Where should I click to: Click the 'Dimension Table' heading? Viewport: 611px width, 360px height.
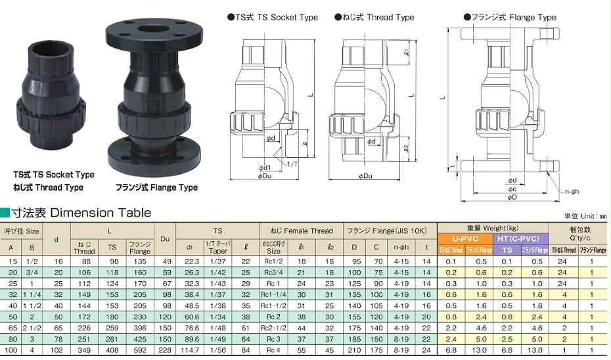click(101, 213)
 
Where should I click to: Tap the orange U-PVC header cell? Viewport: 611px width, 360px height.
click(465, 238)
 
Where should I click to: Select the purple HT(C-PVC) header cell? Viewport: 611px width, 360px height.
click(520, 238)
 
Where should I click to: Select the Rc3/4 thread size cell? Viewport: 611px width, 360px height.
click(273, 273)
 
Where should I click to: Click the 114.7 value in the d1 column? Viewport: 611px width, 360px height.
click(189, 350)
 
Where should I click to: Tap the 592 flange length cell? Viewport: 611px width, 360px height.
click(140, 350)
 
